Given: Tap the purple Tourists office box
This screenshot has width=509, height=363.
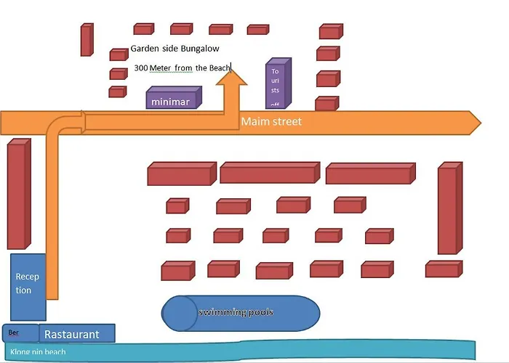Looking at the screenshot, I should [x=276, y=84].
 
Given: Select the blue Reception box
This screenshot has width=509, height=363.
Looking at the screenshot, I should [x=28, y=285].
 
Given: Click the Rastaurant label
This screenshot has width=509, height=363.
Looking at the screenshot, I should [x=71, y=334].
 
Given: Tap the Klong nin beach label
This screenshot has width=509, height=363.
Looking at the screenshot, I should [x=38, y=352].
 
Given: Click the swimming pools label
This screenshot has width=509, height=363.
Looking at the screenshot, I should [x=236, y=312].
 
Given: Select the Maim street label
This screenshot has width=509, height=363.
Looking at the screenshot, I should [x=270, y=122].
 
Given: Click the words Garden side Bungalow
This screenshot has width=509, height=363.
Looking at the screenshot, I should [x=175, y=49].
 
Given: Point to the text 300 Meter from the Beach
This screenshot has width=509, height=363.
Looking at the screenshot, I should [x=182, y=68].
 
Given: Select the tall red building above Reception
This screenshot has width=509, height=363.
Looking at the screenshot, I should [x=19, y=195].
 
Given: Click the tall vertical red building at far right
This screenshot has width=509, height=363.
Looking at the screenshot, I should [x=448, y=208].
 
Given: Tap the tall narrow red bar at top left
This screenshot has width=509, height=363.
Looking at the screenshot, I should [x=87, y=40].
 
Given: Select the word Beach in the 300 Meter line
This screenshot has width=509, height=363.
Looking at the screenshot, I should [x=219, y=68].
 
